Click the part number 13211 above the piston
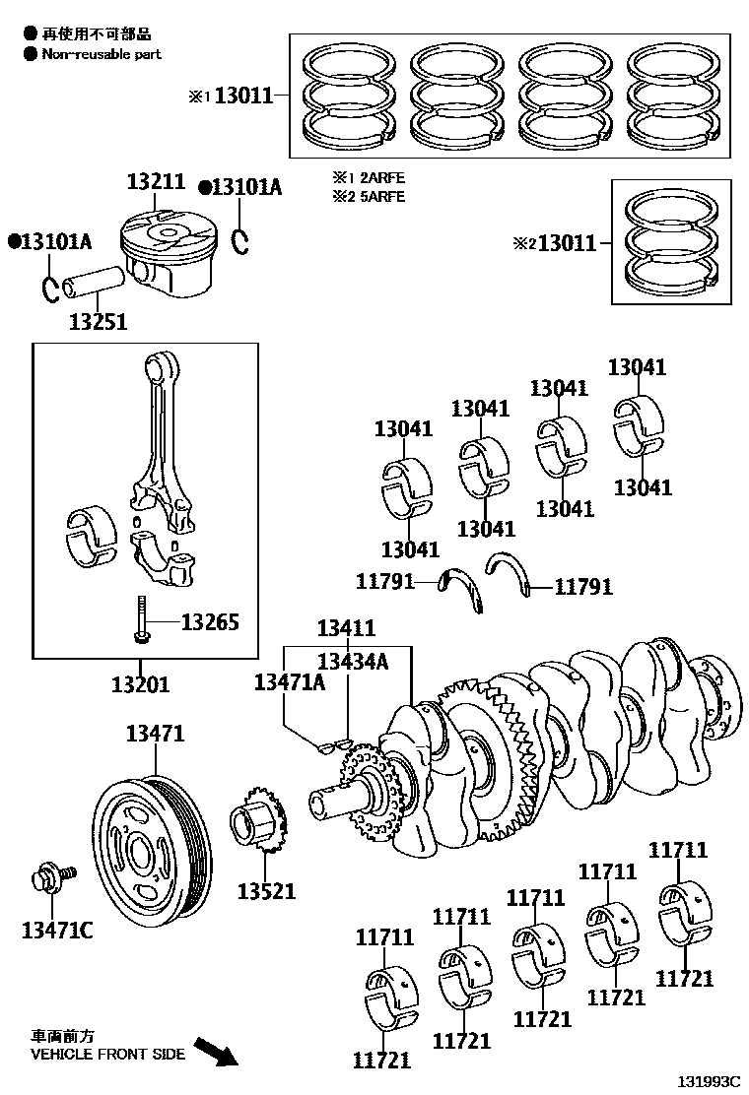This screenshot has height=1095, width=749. point(155,182)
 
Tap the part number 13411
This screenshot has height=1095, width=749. point(345,628)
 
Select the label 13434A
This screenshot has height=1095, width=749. point(352,661)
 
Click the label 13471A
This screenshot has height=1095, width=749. point(289,681)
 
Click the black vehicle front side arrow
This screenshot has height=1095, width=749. point(215,1051)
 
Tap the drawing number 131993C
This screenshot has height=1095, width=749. point(707,1081)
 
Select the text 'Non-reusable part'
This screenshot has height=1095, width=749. point(101,54)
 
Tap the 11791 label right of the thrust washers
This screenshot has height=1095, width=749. point(583,587)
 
